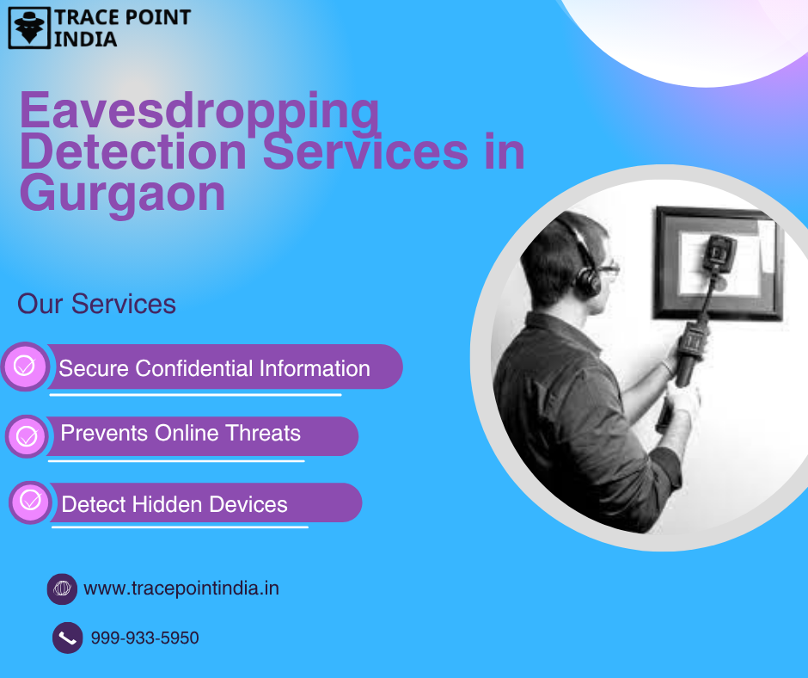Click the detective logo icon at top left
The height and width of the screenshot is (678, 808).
pyautogui.click(x=29, y=28)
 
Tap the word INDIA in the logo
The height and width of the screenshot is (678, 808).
pyautogui.click(x=86, y=40)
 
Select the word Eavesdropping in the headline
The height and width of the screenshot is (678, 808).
pyautogui.click(x=199, y=112)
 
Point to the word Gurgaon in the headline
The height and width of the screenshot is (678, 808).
pyautogui.click(x=123, y=194)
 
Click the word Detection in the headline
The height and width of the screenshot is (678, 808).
pyautogui.click(x=133, y=151)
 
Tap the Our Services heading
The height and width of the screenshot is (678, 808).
pyautogui.click(x=97, y=304)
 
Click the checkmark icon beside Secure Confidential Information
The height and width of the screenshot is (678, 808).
pyautogui.click(x=25, y=366)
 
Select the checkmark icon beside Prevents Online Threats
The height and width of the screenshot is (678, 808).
pyautogui.click(x=27, y=436)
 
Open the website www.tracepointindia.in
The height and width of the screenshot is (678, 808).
pyautogui.click(x=181, y=589)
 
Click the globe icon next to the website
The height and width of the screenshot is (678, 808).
pyautogui.click(x=63, y=589)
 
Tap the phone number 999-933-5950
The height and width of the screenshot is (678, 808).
pyautogui.click(x=144, y=638)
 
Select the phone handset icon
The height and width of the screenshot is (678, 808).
pyautogui.click(x=68, y=638)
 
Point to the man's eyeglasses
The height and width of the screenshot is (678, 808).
pyautogui.click(x=608, y=268)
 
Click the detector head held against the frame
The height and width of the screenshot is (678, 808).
pyautogui.click(x=719, y=254)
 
